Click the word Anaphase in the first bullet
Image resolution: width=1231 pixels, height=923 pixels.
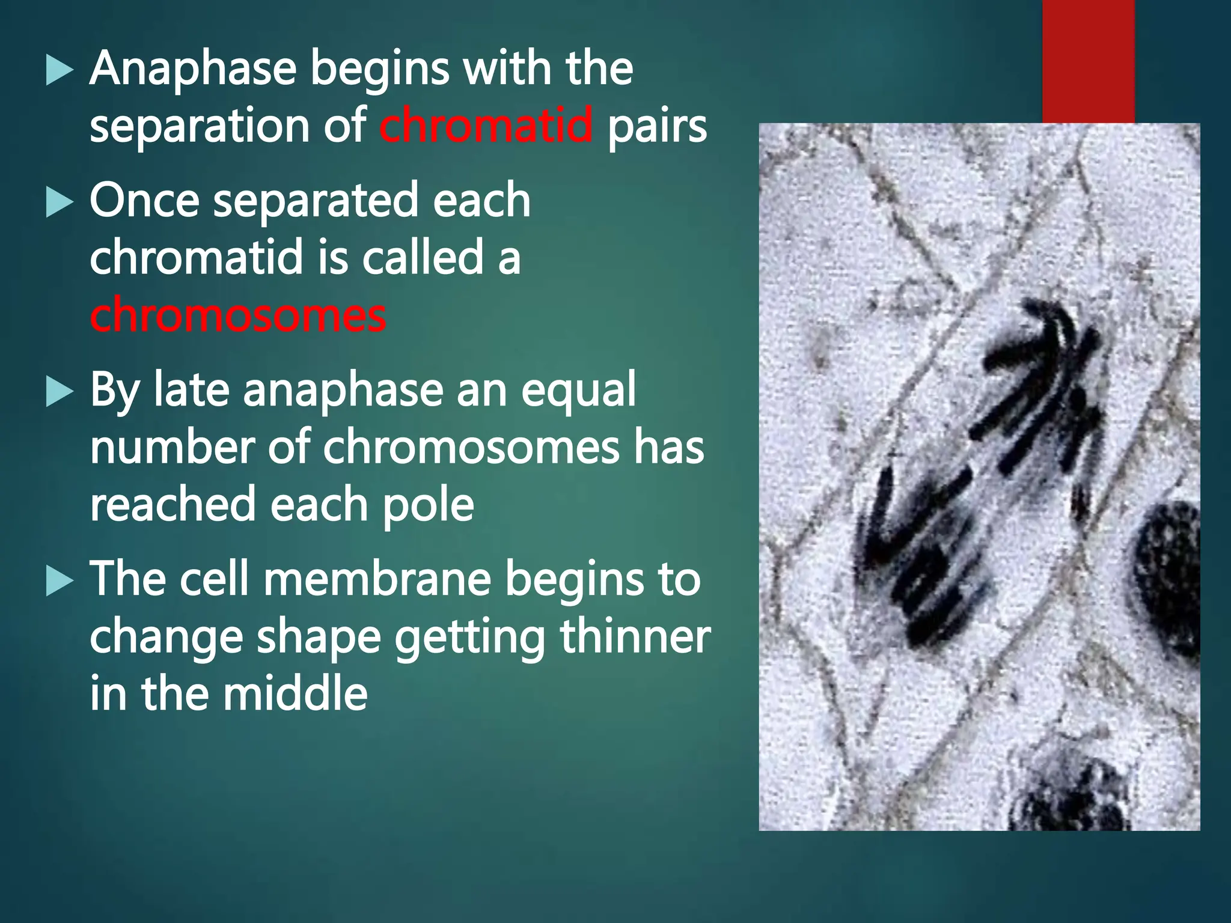pos(193,69)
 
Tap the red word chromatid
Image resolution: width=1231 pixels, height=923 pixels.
pos(486,125)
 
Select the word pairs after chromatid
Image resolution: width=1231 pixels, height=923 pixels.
pos(656,127)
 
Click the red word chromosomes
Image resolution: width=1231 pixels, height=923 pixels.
pos(238,315)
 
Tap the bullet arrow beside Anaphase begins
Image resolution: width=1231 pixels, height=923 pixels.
pos(60,71)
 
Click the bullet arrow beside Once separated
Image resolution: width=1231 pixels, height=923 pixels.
pos(60,203)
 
